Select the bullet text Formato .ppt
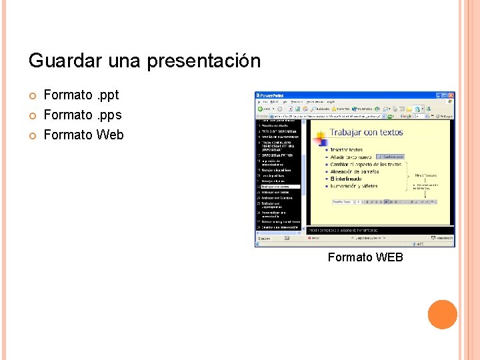click(81, 95)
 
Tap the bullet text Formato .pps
click(82, 115)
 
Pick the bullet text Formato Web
click(83, 135)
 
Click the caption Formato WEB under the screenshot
click(365, 257)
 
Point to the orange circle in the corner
click(442, 315)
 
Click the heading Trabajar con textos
click(367, 132)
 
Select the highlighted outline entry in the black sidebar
click(279, 187)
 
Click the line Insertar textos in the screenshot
click(347, 150)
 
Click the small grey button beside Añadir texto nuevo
click(390, 157)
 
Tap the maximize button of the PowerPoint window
click(444, 95)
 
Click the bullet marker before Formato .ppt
click(32, 95)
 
